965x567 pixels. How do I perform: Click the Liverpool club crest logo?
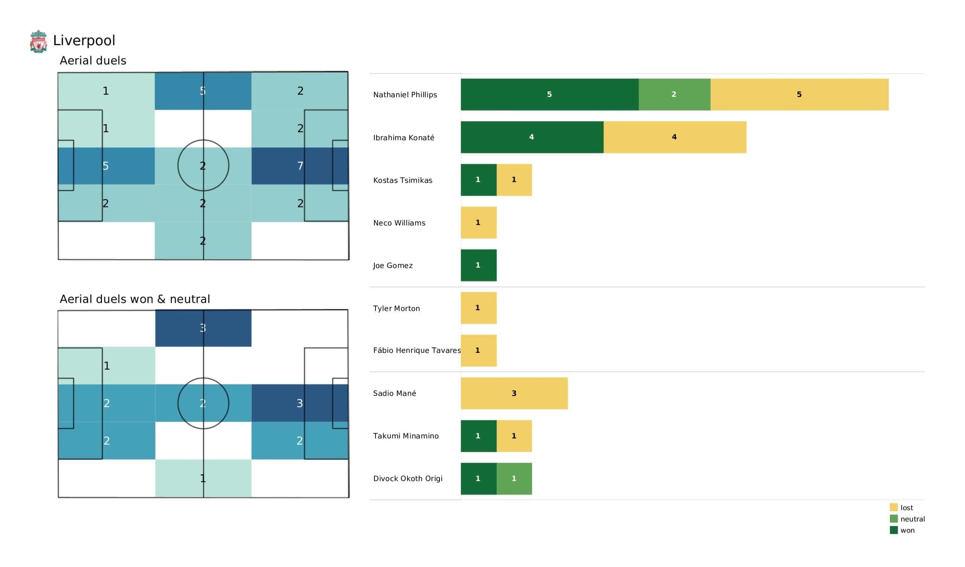[x=38, y=41]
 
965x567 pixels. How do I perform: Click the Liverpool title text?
[x=84, y=41]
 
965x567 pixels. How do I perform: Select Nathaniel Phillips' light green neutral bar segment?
[x=674, y=95]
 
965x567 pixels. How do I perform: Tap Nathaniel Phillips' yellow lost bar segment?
[x=799, y=95]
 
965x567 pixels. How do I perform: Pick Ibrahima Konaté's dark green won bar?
[x=532, y=137]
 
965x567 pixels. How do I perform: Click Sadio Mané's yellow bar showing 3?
[x=514, y=394]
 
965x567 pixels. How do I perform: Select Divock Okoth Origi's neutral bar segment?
[x=514, y=478]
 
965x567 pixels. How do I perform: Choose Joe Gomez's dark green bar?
[x=478, y=265]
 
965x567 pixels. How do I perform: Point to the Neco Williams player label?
[x=399, y=223]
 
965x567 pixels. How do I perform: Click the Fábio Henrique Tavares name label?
[x=417, y=351]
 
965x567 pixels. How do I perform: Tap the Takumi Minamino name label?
[x=406, y=436]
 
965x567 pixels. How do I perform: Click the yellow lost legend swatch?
[x=894, y=507]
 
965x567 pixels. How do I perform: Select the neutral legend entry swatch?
[x=894, y=519]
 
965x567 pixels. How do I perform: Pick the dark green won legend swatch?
[x=894, y=530]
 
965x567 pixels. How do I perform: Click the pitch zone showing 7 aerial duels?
[x=300, y=166]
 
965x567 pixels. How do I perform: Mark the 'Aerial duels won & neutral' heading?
[x=135, y=299]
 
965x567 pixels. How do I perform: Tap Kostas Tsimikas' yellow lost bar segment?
[x=514, y=180]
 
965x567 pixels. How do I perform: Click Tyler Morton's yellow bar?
[x=478, y=308]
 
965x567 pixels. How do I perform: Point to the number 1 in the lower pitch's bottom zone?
[x=203, y=478]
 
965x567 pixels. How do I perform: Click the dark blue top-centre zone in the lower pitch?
[x=203, y=328]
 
